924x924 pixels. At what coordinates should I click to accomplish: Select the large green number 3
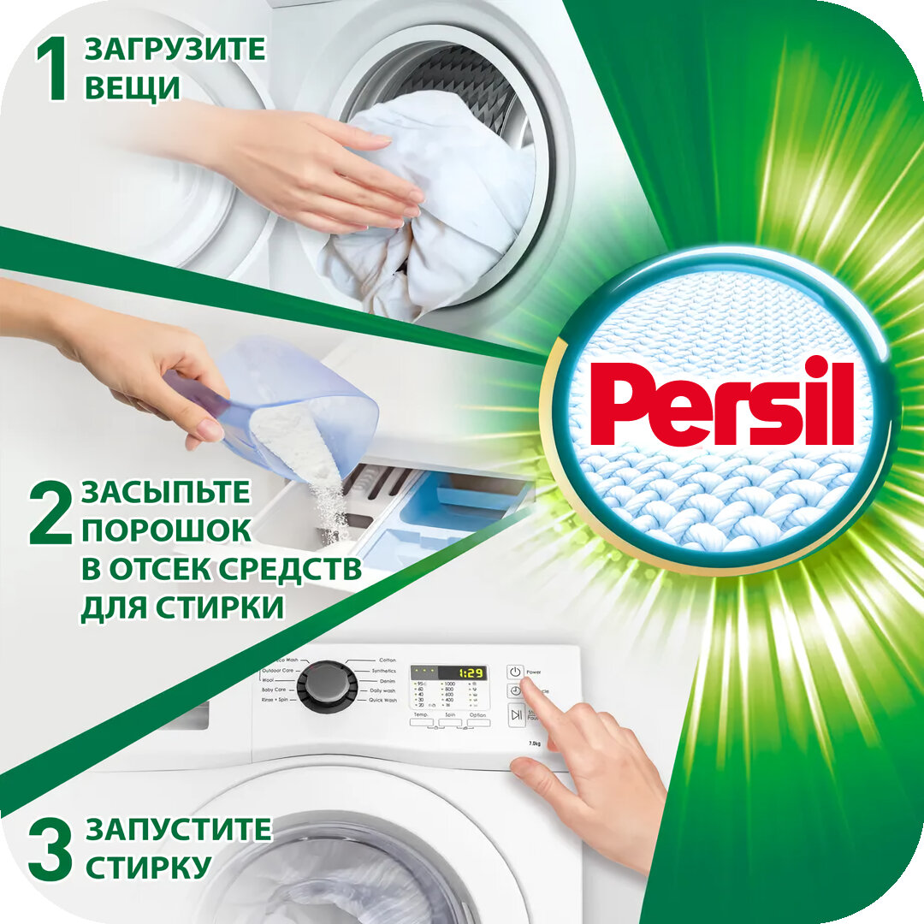pos(50,848)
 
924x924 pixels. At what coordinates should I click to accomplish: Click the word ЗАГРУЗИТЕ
pos(175,49)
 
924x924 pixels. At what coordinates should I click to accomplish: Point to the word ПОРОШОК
pos(167,530)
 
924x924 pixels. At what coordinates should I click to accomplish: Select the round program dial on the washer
pos(327,684)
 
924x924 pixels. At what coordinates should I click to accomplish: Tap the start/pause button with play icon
pos(516,714)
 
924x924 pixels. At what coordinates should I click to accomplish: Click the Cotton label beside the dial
pos(388,660)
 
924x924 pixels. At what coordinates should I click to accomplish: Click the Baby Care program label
pos(279,690)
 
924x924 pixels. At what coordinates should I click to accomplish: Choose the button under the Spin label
pos(451,723)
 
